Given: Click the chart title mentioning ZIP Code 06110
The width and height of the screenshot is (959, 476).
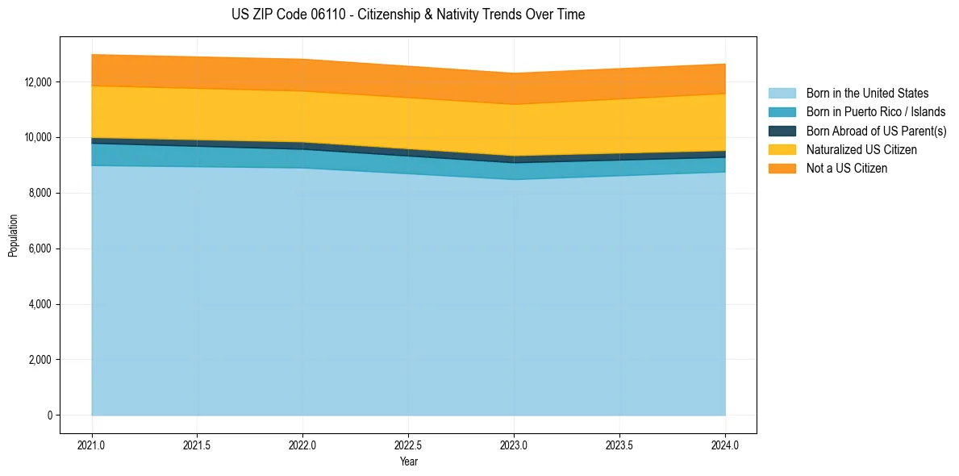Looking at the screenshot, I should click(407, 15).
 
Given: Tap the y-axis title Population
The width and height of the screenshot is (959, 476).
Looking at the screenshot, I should click(13, 236).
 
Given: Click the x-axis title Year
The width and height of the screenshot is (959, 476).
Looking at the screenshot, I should click(408, 462).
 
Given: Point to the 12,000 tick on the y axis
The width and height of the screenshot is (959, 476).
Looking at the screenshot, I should click(38, 82).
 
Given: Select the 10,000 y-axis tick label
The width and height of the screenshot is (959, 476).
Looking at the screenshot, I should click(38, 138).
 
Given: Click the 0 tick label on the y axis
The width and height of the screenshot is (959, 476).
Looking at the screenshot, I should click(49, 415).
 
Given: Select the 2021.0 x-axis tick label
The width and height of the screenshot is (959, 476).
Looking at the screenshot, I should click(92, 445).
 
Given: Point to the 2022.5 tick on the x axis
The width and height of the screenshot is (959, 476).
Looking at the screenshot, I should click(408, 445).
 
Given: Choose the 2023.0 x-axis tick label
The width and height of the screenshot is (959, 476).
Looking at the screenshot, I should click(514, 445).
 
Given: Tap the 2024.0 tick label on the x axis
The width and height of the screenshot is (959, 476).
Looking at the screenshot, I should click(725, 445).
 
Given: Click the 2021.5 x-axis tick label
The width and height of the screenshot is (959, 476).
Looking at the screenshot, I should click(198, 445).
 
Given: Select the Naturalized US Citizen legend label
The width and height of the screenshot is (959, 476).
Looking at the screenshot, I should click(861, 150).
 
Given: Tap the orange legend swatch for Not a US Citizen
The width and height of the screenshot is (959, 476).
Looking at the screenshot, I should click(782, 169).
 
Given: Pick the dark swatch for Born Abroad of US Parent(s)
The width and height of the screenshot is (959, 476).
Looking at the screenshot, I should click(782, 131).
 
